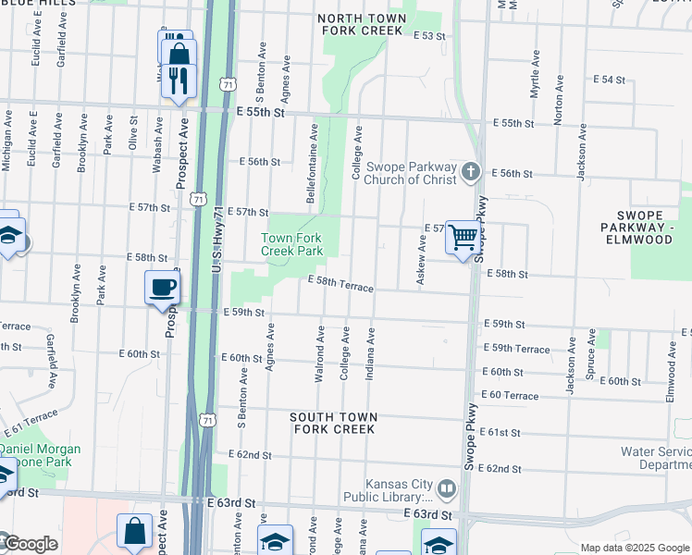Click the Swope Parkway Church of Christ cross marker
click(x=471, y=171)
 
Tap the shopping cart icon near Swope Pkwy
click(x=463, y=237)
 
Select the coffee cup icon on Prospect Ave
click(x=163, y=287)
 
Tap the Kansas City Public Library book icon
click(x=447, y=487)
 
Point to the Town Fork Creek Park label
click(x=291, y=244)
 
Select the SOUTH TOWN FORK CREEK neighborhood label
click(x=334, y=423)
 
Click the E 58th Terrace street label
click(x=340, y=283)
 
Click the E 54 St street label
click(x=613, y=80)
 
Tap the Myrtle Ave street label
click(x=534, y=81)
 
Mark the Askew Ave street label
click(x=422, y=261)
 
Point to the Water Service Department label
click(x=656, y=459)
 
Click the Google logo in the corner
click(x=30, y=544)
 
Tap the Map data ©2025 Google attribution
click(x=634, y=548)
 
